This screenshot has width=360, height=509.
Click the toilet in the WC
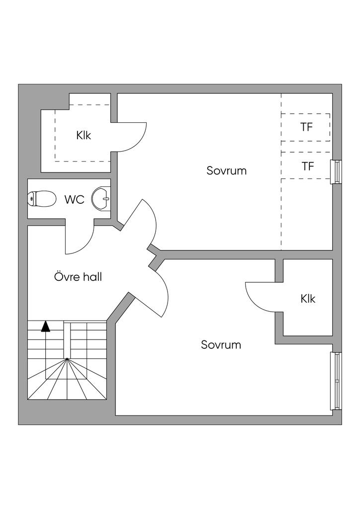pos(41,199)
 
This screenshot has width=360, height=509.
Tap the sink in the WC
pos(101,198)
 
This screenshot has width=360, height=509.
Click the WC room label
pos(75,199)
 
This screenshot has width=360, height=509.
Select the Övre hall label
pos(78,277)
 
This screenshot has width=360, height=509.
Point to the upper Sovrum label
pos(227,170)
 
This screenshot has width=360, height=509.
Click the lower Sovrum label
pos(221,344)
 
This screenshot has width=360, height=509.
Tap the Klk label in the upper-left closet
pos(84,135)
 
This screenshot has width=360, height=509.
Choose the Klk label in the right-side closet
pos(308,298)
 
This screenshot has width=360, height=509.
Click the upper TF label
pos(306,127)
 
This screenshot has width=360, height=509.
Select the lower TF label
pos(308,166)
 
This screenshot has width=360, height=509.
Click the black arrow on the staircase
pos(46,326)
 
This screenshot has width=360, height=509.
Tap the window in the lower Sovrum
pos(336,380)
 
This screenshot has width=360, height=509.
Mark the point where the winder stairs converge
pos(67,359)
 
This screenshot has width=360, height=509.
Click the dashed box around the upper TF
pos(305,127)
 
